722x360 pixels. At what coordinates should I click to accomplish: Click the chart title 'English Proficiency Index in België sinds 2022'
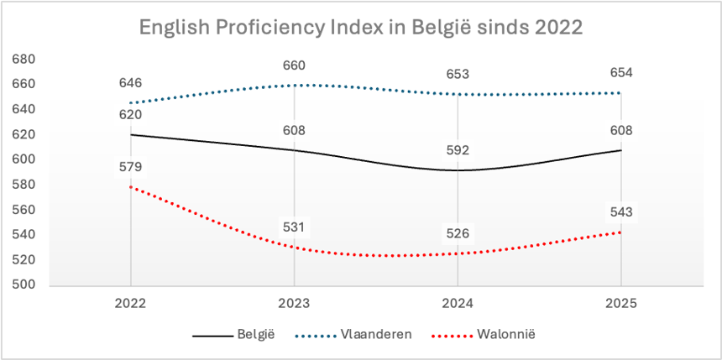[x=361, y=27]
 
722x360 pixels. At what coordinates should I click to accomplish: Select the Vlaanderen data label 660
[x=294, y=65]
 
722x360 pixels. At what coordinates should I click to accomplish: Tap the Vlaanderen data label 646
[x=130, y=82]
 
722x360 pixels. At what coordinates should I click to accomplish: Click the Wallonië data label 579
[x=130, y=167]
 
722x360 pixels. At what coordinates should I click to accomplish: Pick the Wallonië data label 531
[x=294, y=227]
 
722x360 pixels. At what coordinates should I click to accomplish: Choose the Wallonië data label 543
[x=621, y=212]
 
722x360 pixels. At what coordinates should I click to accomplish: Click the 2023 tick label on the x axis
[x=294, y=302]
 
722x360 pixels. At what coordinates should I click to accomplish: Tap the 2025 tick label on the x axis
[x=621, y=302]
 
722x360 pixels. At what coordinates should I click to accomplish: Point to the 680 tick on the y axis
[x=24, y=60]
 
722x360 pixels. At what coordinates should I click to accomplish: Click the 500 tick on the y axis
[x=24, y=285]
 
